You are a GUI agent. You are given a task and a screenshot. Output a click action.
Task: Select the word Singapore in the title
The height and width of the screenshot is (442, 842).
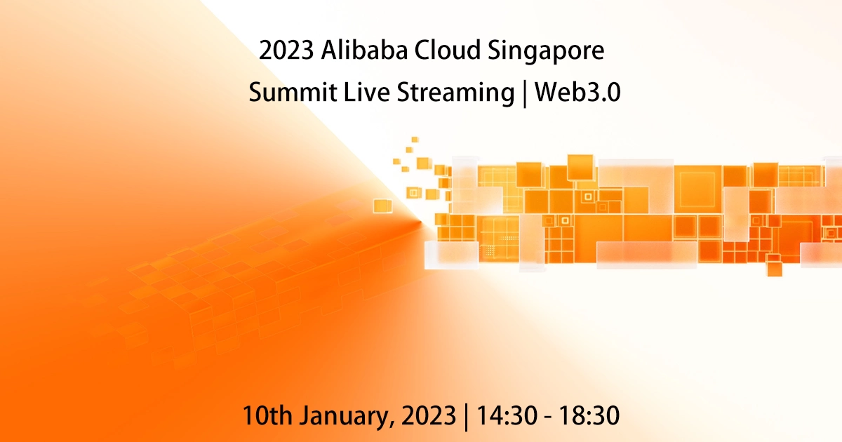(548, 53)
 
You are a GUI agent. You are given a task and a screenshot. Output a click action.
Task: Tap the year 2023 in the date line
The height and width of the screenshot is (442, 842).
(428, 415)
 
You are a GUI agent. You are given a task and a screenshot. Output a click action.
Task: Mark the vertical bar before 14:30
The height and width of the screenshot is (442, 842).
(467, 416)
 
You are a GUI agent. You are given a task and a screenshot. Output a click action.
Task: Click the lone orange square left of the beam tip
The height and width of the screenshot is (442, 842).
(382, 206)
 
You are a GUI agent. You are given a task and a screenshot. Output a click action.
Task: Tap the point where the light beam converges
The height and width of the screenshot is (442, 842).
(422, 223)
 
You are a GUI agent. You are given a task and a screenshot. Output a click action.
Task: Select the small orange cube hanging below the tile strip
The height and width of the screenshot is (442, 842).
(774, 268)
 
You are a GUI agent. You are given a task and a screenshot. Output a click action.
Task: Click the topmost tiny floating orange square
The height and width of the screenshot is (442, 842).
(415, 140)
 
